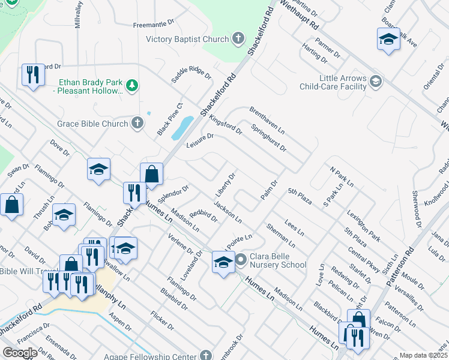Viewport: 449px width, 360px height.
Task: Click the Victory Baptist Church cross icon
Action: (x=238, y=39)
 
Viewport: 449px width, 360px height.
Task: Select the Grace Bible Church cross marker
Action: (x=137, y=124)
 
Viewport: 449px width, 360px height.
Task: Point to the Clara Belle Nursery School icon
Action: (x=241, y=260)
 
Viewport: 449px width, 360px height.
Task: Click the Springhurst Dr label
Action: (x=268, y=138)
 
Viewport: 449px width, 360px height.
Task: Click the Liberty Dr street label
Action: (x=225, y=185)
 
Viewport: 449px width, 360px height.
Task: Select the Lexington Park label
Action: (x=363, y=226)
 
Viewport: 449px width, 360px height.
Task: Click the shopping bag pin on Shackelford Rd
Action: (x=152, y=174)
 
